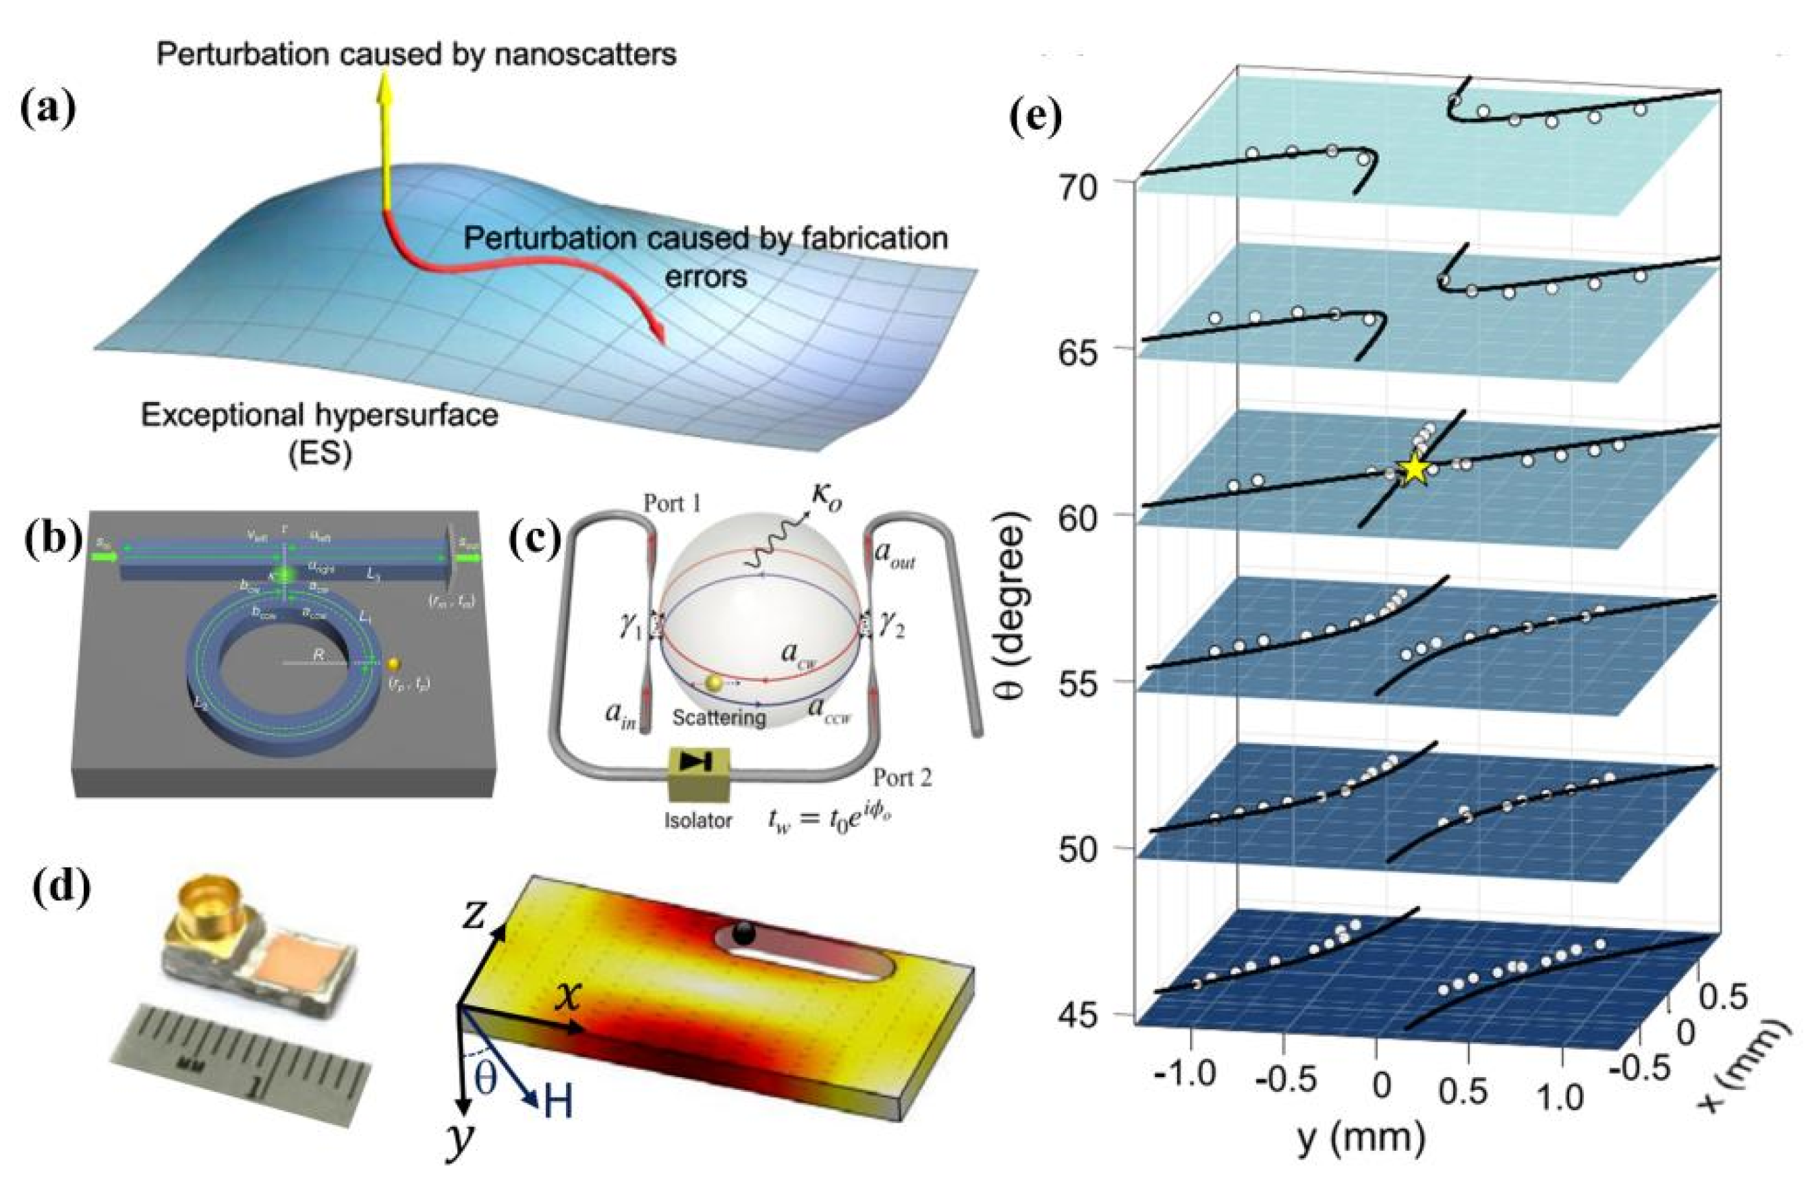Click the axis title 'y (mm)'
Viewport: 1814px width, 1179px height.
pyautogui.click(x=1360, y=1138)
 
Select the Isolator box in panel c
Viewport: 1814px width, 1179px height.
pyautogui.click(x=698, y=774)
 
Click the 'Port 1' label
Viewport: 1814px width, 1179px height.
pyautogui.click(x=673, y=504)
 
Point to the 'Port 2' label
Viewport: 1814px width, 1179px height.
pyautogui.click(x=903, y=778)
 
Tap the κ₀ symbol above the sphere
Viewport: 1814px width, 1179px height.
pyautogui.click(x=827, y=497)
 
